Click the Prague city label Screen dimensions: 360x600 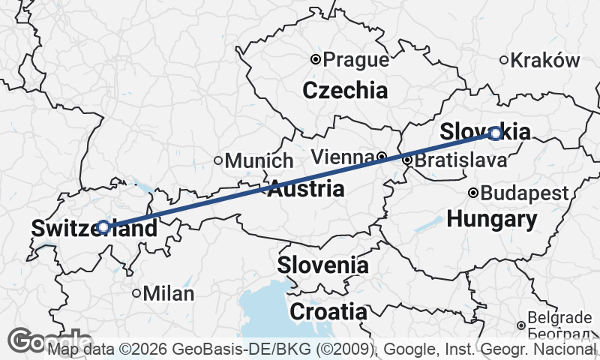(x=357, y=60)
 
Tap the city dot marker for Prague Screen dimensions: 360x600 (x=316, y=59)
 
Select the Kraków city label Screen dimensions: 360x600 (x=545, y=61)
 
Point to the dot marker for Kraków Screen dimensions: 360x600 (x=504, y=60)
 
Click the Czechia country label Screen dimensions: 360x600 (x=345, y=91)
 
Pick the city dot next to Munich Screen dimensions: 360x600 (x=218, y=160)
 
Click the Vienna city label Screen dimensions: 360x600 (x=342, y=157)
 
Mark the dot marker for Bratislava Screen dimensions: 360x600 (x=407, y=160)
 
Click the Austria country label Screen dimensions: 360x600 (x=306, y=189)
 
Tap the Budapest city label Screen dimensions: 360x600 (x=525, y=193)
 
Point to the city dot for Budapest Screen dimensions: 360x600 (x=473, y=193)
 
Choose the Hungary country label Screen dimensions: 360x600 (x=492, y=220)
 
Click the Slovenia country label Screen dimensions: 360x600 (x=323, y=265)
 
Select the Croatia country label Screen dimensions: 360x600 (x=328, y=311)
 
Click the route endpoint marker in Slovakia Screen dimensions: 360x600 (x=495, y=133)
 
